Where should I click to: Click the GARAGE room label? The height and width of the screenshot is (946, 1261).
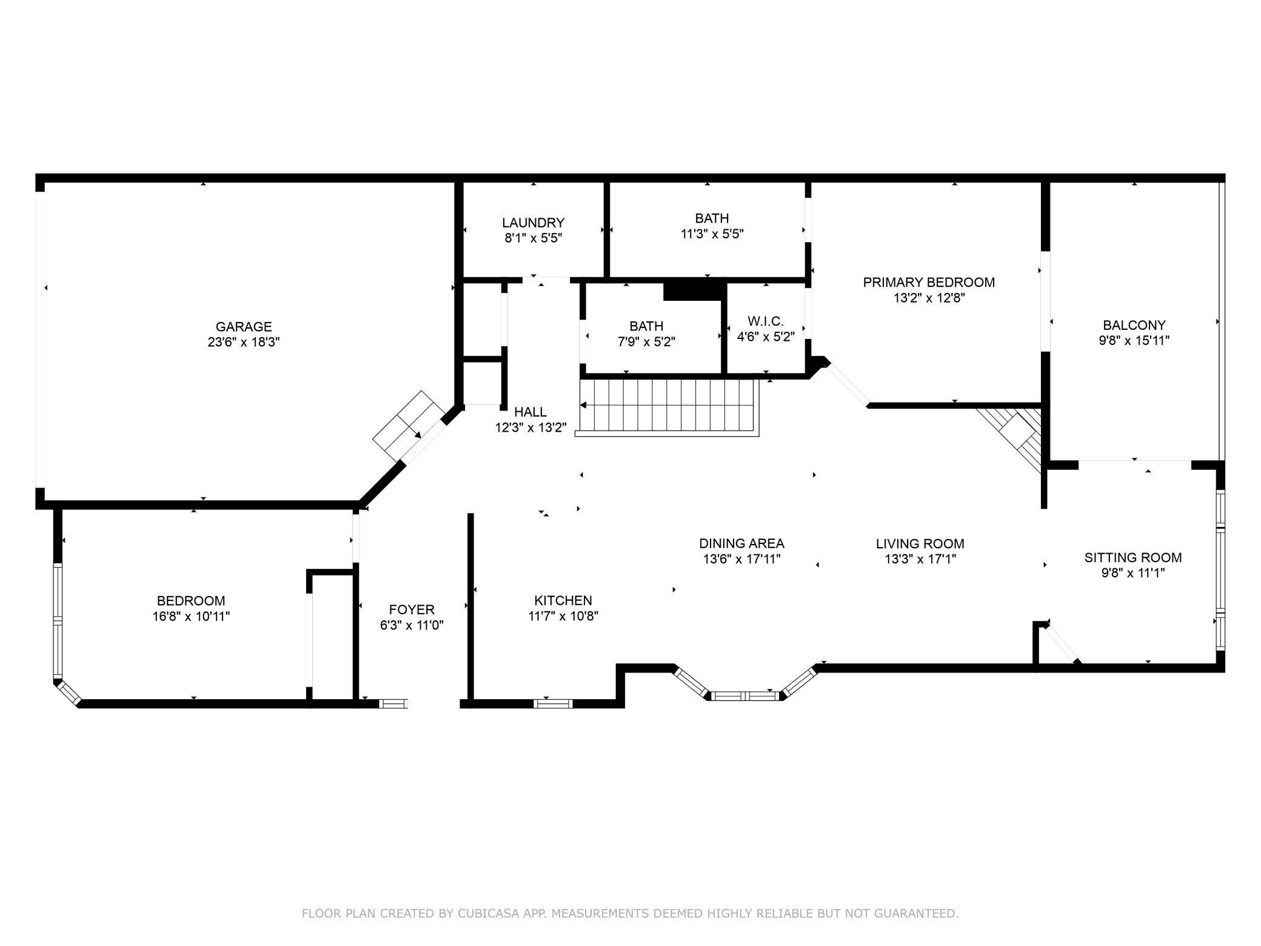(243, 327)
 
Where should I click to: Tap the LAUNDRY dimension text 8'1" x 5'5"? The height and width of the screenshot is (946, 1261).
(533, 238)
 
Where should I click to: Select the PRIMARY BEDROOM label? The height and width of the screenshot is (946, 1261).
(928, 283)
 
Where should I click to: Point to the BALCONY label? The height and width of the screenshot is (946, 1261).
(1134, 325)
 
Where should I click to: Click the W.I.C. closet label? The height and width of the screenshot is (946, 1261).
(765, 321)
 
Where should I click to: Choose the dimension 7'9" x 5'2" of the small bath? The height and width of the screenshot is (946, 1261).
(646, 342)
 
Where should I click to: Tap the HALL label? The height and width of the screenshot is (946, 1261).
(530, 412)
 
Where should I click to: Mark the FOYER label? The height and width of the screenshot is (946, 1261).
(412, 609)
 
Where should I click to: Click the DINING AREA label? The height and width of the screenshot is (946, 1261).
(741, 543)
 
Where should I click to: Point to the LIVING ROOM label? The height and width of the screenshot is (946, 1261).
(920, 544)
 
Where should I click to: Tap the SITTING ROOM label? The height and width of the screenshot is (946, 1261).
(1132, 557)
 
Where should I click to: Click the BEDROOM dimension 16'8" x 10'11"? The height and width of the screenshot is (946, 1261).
(191, 617)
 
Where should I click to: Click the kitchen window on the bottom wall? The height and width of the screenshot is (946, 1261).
(552, 703)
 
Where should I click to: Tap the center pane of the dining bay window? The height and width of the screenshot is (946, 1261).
(745, 696)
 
